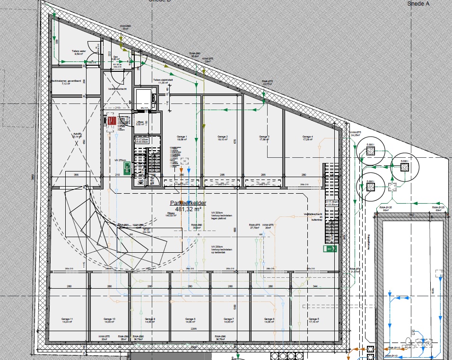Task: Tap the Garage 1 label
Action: (x=183, y=138)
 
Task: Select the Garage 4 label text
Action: (x=308, y=138)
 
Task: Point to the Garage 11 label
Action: (x=67, y=320)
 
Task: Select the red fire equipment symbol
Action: (x=112, y=121)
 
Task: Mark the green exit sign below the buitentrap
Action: (x=330, y=248)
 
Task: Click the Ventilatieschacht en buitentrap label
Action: (x=315, y=216)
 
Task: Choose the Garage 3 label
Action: (x=265, y=138)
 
